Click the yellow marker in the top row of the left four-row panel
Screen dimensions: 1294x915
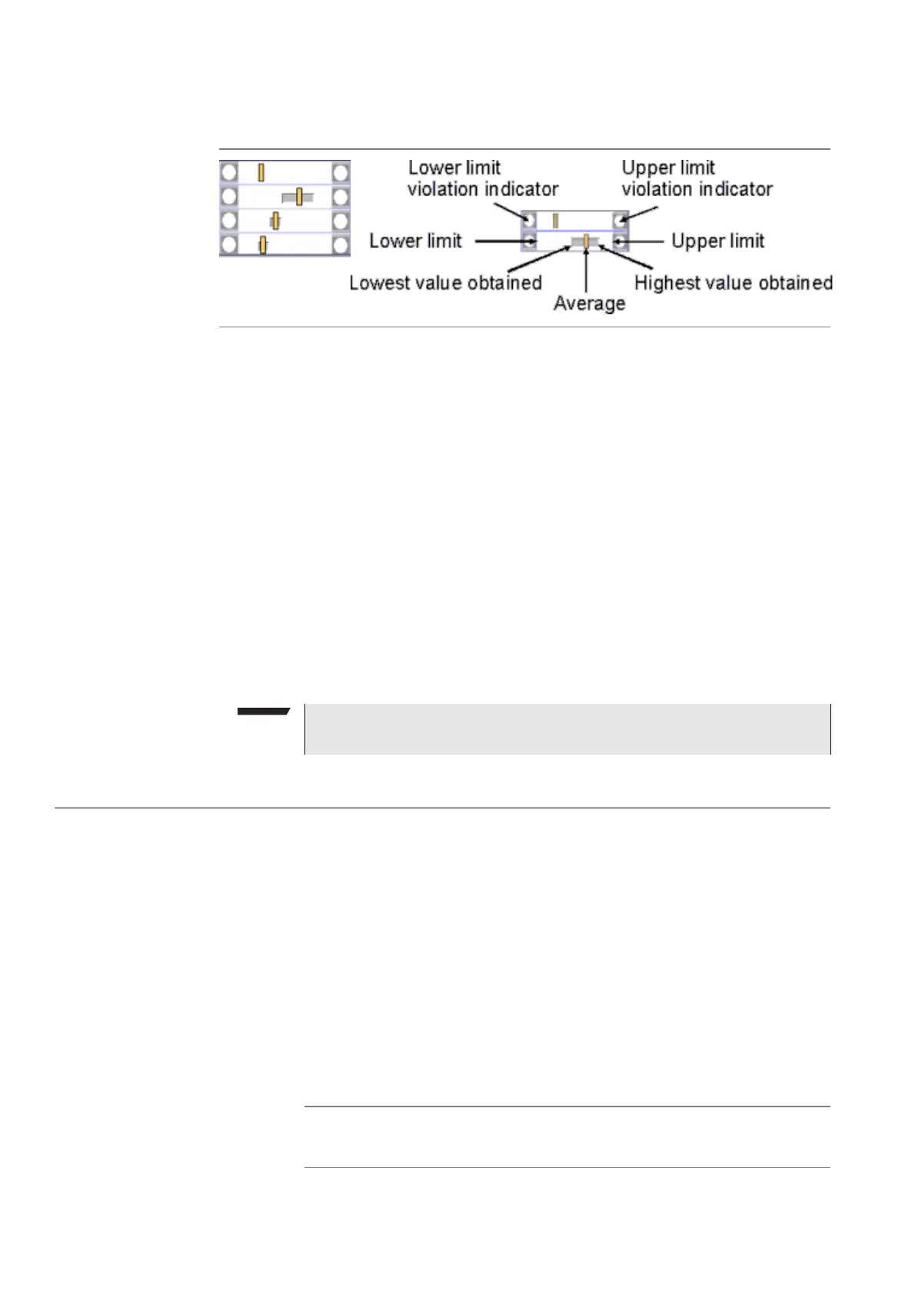point(261,172)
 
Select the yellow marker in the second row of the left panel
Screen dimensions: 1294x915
point(299,197)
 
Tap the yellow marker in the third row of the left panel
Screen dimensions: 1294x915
point(275,221)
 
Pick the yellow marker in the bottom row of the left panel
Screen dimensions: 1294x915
point(263,245)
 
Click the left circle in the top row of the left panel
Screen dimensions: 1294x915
point(229,172)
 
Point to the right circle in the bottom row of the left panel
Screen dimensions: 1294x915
point(341,245)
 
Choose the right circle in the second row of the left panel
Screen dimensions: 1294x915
point(341,197)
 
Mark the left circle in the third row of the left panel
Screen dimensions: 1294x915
point(229,221)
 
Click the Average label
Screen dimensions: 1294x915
point(589,304)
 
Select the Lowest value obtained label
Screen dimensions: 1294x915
point(445,283)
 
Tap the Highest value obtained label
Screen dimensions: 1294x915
point(733,283)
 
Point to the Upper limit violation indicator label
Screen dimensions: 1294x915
point(697,178)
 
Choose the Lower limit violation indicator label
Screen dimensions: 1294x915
point(483,178)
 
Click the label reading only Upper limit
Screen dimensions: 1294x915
point(717,241)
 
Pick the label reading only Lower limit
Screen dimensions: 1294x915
point(415,241)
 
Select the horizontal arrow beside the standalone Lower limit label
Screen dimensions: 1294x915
point(500,241)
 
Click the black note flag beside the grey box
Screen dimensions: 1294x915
point(262,712)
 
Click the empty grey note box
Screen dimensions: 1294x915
point(567,728)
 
